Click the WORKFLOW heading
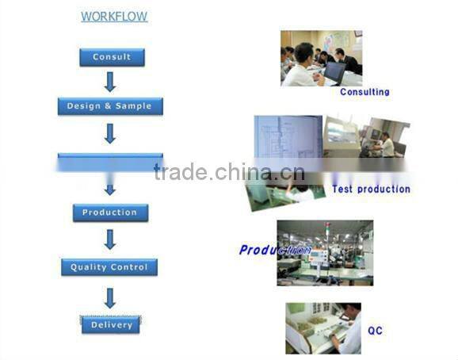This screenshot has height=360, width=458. pyautogui.click(x=114, y=17)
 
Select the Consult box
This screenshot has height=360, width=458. pyautogui.click(x=112, y=57)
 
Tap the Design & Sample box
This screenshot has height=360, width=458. pyautogui.click(x=109, y=106)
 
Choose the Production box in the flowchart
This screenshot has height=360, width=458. pyautogui.click(x=109, y=213)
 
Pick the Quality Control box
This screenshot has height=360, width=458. pyautogui.click(x=109, y=267)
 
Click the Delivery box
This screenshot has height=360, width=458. pyautogui.click(x=111, y=325)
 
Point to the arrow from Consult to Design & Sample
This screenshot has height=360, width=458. pyautogui.click(x=110, y=81)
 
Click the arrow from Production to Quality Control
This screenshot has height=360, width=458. pyautogui.click(x=110, y=239)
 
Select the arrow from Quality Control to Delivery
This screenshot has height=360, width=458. pyautogui.click(x=110, y=297)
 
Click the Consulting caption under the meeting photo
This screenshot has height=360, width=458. pyautogui.click(x=364, y=92)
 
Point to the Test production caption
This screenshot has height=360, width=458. pyautogui.click(x=371, y=190)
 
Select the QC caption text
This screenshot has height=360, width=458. pyautogui.click(x=375, y=330)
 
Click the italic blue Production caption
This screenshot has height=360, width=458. pyautogui.click(x=274, y=250)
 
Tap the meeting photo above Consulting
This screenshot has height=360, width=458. pyautogui.click(x=321, y=58)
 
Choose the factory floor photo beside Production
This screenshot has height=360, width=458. pyautogui.click(x=325, y=252)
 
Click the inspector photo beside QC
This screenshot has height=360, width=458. pyautogui.click(x=323, y=327)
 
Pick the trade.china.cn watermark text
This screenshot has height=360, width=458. pyautogui.click(x=229, y=172)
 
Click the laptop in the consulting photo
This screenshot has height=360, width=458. pyautogui.click(x=334, y=73)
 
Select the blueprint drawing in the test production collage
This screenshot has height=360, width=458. pyautogui.click(x=287, y=139)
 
